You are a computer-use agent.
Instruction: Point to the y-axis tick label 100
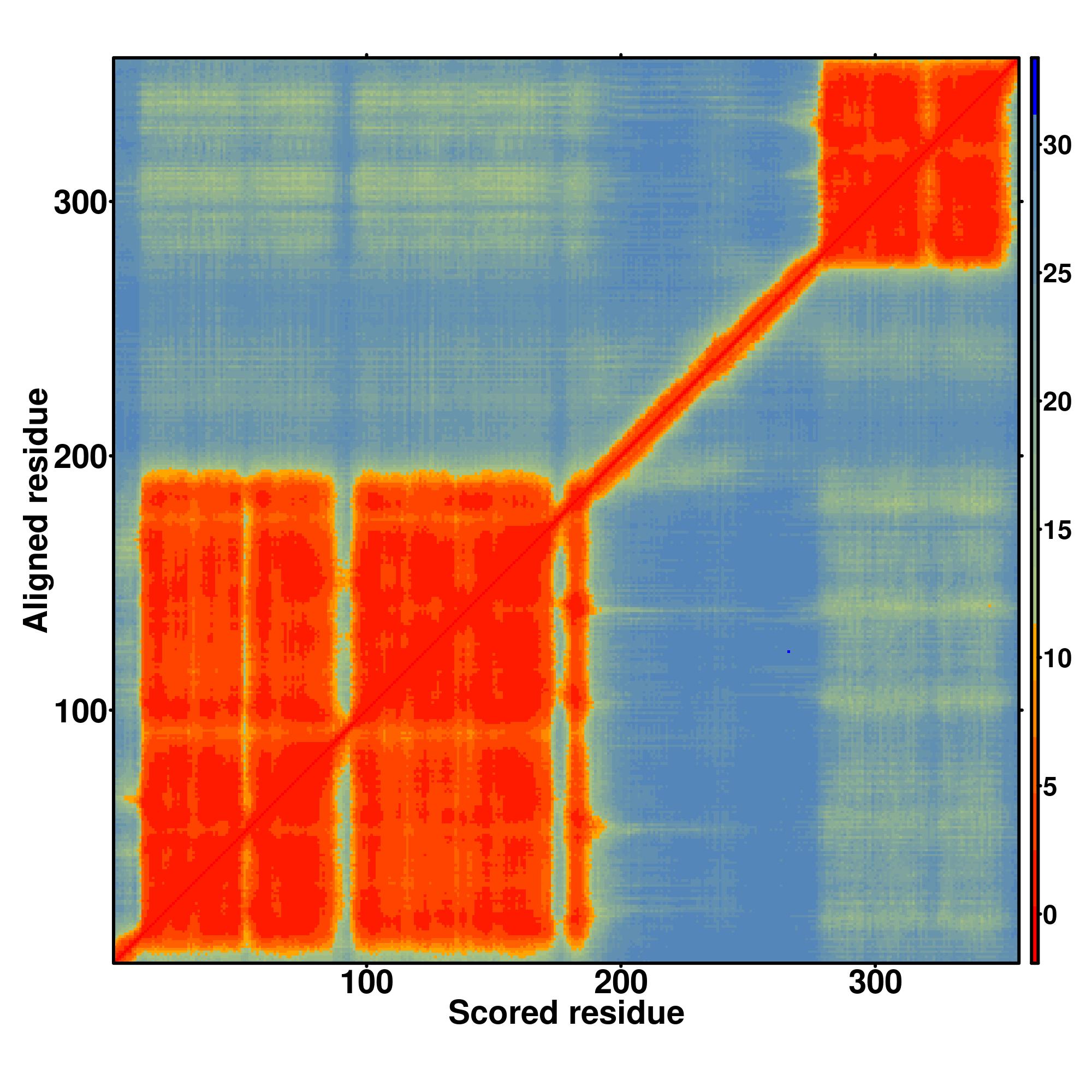pos(80,713)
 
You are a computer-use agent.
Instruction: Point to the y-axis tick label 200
pos(80,458)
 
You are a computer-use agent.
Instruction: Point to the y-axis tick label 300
pos(80,204)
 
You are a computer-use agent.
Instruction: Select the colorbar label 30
pos(1057,146)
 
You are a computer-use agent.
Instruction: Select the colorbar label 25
pos(1057,274)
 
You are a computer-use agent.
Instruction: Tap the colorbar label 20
pos(1057,402)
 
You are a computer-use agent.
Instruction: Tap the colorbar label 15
pos(1057,531)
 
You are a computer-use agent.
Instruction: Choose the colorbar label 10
pos(1057,659)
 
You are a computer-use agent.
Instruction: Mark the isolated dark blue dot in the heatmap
pos(788,652)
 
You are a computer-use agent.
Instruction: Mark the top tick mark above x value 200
pos(621,55)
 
